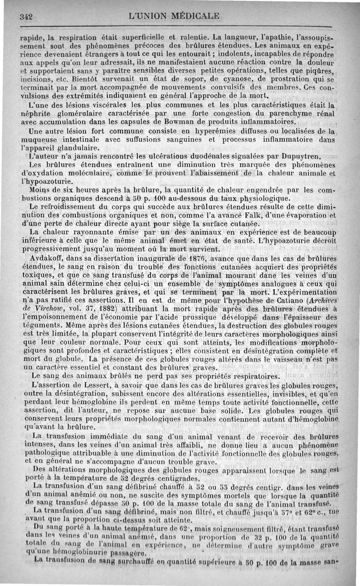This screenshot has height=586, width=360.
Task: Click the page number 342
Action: (26, 17)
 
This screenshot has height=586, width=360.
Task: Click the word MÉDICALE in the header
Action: (189, 17)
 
